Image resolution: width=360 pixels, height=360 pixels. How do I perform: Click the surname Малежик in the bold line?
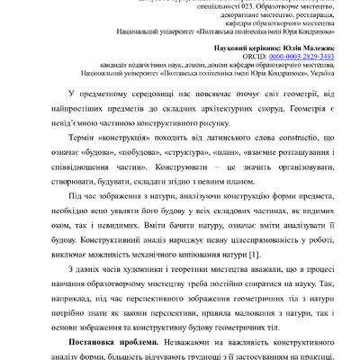(x=315, y=45)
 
